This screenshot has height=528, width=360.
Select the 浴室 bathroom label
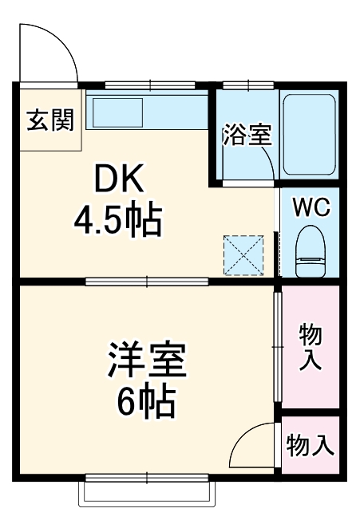(247, 134)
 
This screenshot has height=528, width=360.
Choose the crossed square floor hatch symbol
(243, 254)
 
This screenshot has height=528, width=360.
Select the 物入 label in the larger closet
(310, 346)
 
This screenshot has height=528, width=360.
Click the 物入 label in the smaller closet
(310, 444)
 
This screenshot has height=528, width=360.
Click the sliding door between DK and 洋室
(148, 281)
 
